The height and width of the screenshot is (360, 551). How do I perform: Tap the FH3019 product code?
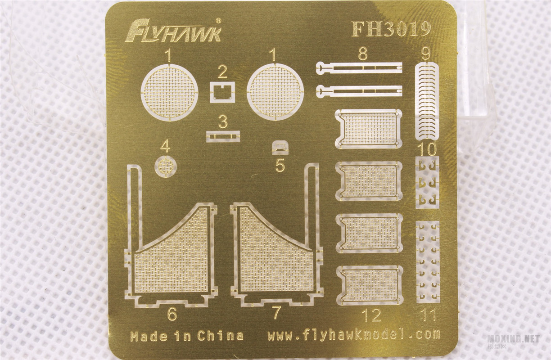click(x=391, y=29)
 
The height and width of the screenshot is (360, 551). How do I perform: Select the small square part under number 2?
click(x=222, y=92)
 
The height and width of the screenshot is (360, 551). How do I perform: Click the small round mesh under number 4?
click(x=166, y=166)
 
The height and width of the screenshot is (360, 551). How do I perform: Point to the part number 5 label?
click(x=280, y=165)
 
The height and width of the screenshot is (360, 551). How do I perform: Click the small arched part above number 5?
click(x=280, y=147)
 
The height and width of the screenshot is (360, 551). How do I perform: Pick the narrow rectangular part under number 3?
click(x=223, y=136)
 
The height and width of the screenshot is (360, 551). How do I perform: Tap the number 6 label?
click(x=172, y=314)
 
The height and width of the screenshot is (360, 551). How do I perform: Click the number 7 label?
click(x=277, y=313)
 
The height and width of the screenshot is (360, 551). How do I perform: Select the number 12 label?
click(x=371, y=315)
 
